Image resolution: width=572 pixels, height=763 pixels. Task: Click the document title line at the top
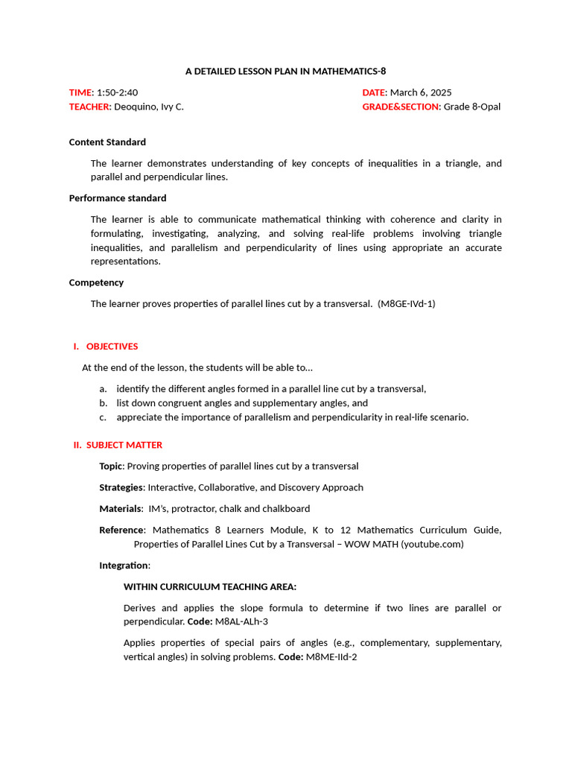pyautogui.click(x=286, y=72)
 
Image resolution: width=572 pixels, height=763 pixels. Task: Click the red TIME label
pyautogui.click(x=80, y=92)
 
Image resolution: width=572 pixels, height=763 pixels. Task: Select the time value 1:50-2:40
pyautogui.click(x=118, y=92)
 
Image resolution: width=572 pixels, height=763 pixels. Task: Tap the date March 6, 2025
pyautogui.click(x=421, y=92)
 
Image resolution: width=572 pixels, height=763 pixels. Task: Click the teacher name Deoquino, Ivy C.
pyautogui.click(x=149, y=107)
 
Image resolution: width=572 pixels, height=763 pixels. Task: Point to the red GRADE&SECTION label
pyautogui.click(x=401, y=107)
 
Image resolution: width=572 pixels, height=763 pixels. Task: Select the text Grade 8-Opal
pyautogui.click(x=472, y=107)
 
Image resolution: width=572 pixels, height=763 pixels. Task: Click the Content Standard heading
pyautogui.click(x=107, y=142)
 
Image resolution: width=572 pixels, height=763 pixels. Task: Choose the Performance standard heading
pyautogui.click(x=118, y=198)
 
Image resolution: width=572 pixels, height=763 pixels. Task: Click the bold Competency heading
pyautogui.click(x=96, y=282)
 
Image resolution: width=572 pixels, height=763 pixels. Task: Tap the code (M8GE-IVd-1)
pyautogui.click(x=407, y=303)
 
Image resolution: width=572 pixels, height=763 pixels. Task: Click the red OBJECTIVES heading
pyautogui.click(x=112, y=346)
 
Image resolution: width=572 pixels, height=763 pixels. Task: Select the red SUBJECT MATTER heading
pyautogui.click(x=124, y=445)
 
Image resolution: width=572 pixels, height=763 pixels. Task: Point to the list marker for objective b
pyautogui.click(x=103, y=403)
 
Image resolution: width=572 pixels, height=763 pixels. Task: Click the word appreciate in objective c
pyautogui.click(x=140, y=417)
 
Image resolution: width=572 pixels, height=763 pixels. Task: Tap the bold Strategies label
pyautogui.click(x=121, y=487)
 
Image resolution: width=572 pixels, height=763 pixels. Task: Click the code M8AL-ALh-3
pyautogui.click(x=241, y=621)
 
